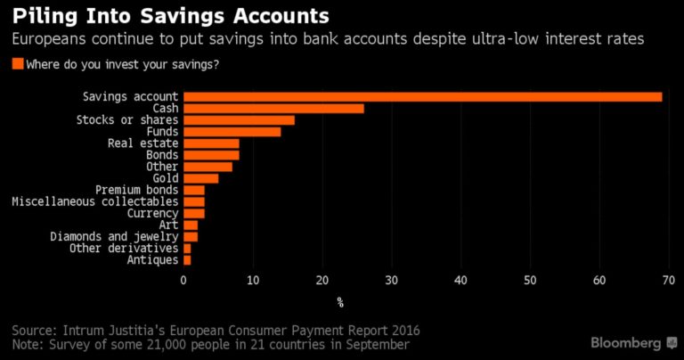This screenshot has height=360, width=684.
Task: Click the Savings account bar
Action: click(422, 96)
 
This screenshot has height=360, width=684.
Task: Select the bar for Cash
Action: click(273, 108)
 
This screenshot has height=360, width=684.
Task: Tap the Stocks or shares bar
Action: click(239, 119)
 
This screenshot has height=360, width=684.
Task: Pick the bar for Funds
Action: click(232, 131)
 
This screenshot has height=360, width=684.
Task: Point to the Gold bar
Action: click(200, 178)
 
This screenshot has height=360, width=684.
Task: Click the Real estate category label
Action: click(142, 143)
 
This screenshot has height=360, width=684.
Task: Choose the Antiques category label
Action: click(152, 259)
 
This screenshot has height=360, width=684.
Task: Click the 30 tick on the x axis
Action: click(391, 281)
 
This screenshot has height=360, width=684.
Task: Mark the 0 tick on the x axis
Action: click(183, 281)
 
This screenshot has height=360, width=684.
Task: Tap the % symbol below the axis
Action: click(339, 301)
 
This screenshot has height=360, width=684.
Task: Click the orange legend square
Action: click(18, 64)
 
